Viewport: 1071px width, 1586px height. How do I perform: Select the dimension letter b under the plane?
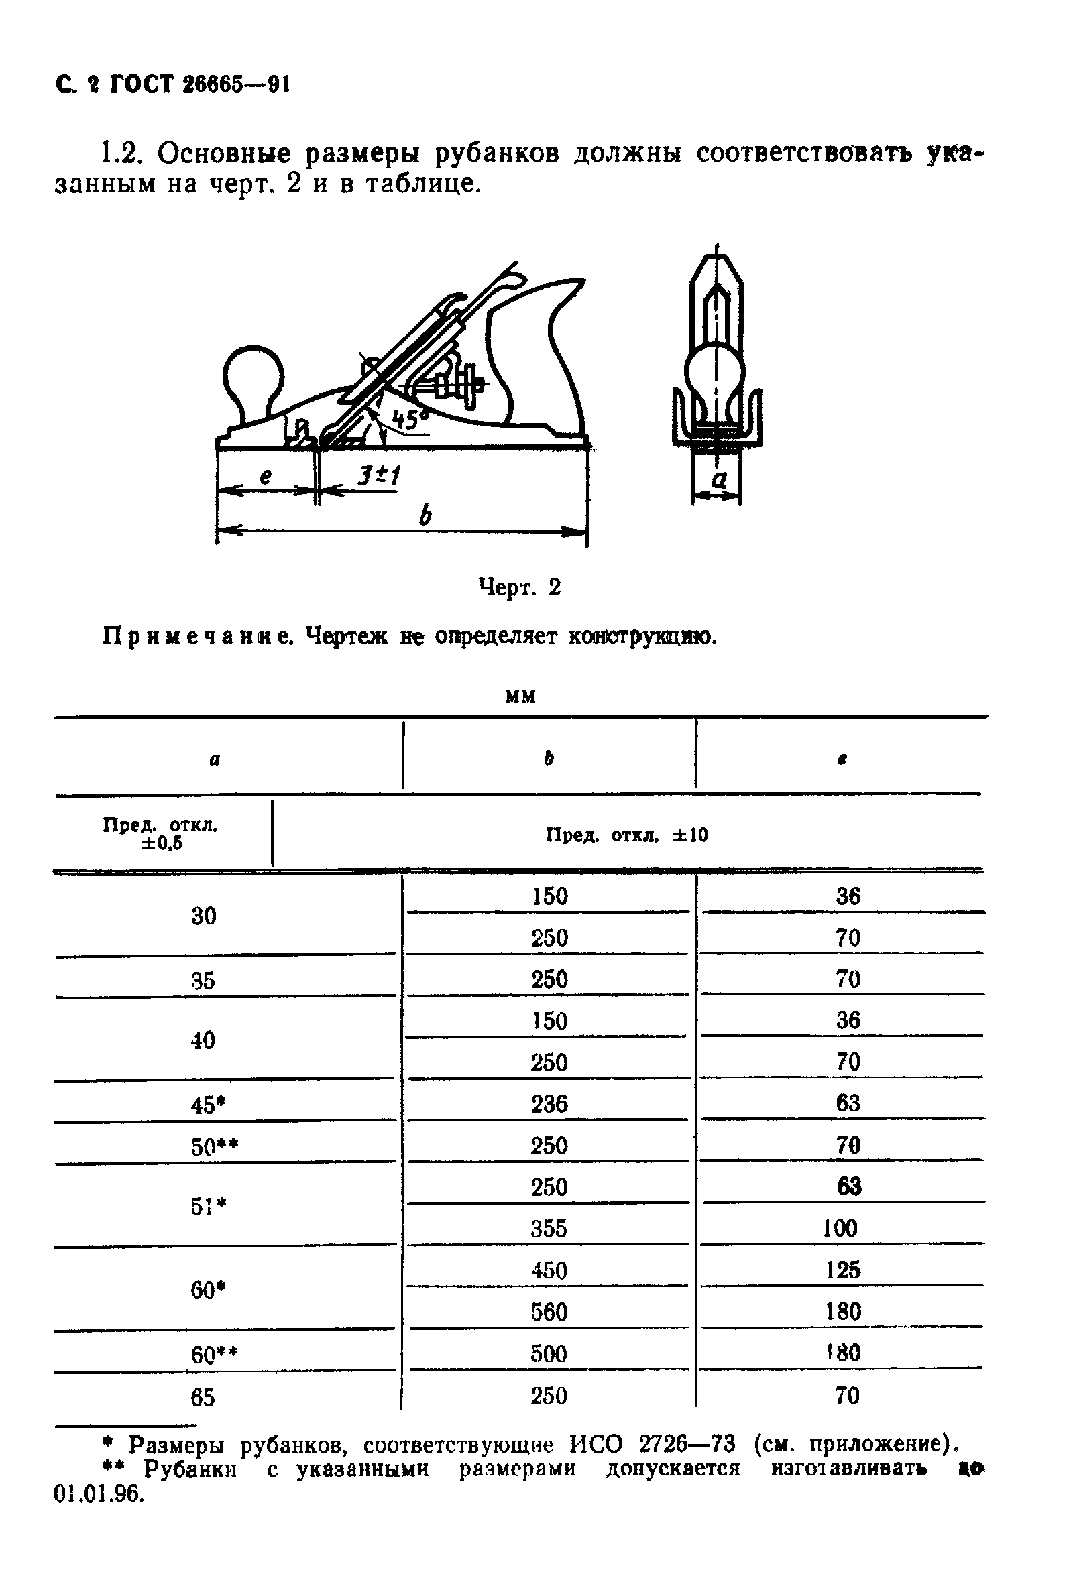(425, 515)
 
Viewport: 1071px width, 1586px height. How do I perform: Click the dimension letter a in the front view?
(719, 479)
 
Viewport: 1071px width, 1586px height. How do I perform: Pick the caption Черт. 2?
(520, 587)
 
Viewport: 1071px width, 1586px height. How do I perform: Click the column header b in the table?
(548, 758)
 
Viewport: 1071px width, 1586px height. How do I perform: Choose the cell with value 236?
(549, 1104)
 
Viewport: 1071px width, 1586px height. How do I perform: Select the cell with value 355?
(549, 1229)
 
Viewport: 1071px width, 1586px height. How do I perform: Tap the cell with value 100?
(840, 1229)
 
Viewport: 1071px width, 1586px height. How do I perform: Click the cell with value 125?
(843, 1270)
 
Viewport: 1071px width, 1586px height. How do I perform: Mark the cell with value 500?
(549, 1354)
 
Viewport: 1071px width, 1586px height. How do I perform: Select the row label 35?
(203, 981)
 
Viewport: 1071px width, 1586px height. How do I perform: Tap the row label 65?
(203, 1398)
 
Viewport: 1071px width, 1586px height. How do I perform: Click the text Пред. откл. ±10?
(626, 835)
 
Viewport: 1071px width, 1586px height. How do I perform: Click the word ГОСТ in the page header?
(142, 84)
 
